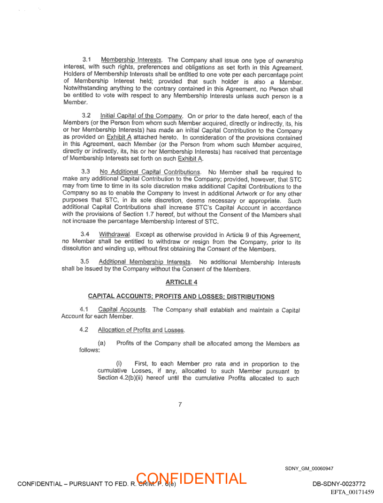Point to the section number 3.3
coord(86,172)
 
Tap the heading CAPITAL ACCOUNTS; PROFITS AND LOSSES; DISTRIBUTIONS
coord(181,297)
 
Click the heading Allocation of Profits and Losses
coord(141,330)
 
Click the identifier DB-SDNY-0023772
coord(339,484)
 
